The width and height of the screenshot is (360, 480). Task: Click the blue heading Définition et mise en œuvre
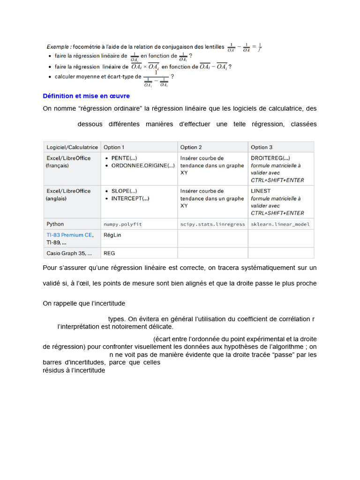click(x=86, y=96)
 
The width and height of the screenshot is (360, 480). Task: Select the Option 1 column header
click(x=114, y=147)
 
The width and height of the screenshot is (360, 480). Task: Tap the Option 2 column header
click(x=191, y=147)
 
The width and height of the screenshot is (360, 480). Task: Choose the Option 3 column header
click(x=262, y=147)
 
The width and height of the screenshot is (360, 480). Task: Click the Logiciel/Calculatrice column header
click(x=72, y=147)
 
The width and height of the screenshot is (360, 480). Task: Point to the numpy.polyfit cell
click(x=122, y=224)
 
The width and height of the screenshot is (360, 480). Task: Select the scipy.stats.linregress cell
click(x=212, y=224)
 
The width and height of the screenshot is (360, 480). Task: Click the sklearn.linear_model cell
click(x=280, y=224)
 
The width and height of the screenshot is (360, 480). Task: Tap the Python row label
click(x=55, y=224)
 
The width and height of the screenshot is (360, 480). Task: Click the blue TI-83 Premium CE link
click(x=70, y=235)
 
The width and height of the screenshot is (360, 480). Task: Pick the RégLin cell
click(x=112, y=235)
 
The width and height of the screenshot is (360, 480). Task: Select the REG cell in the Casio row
click(x=109, y=253)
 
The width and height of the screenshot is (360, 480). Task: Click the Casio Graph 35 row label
click(x=69, y=253)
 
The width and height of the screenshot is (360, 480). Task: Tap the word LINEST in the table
click(x=261, y=191)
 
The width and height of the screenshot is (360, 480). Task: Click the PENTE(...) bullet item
click(x=124, y=158)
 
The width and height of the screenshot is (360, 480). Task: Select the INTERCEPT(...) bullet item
click(x=130, y=198)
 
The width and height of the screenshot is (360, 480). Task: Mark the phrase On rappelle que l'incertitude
click(x=84, y=303)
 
